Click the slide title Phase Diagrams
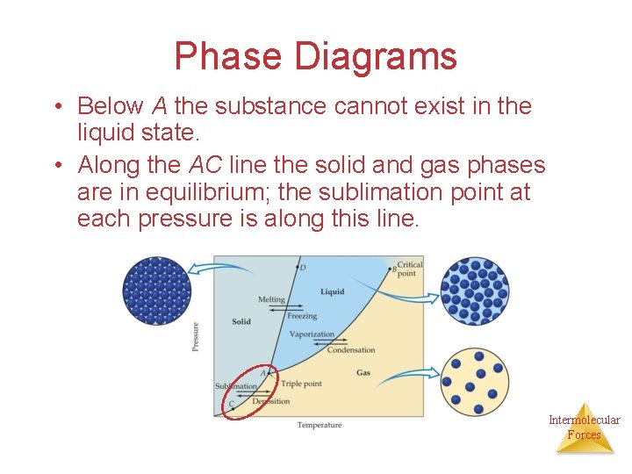click(x=315, y=56)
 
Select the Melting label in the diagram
click(x=271, y=299)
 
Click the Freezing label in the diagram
click(x=302, y=316)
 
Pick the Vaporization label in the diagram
click(x=312, y=334)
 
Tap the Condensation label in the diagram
click(x=350, y=350)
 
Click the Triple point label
click(x=301, y=384)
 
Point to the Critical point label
click(x=409, y=269)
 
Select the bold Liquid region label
click(x=332, y=291)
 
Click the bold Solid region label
click(x=241, y=321)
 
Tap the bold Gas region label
click(x=363, y=373)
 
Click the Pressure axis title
click(x=195, y=337)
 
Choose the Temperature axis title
click(x=319, y=426)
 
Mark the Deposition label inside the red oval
click(x=270, y=401)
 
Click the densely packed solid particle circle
click(x=157, y=291)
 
